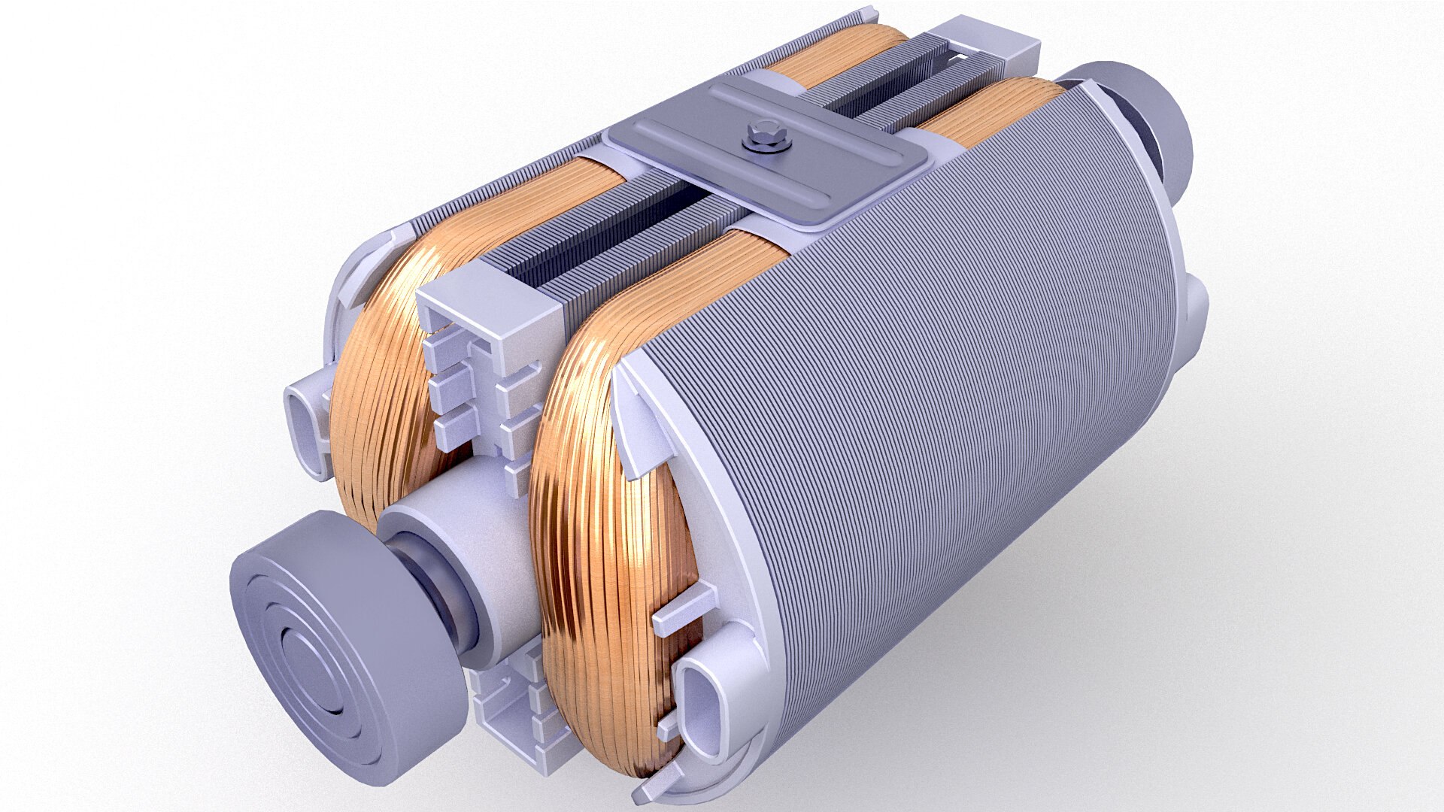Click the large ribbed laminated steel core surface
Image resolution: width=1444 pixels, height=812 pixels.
940,391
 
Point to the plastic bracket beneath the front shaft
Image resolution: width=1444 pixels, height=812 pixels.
511,707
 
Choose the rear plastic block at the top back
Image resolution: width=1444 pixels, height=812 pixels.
985,41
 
